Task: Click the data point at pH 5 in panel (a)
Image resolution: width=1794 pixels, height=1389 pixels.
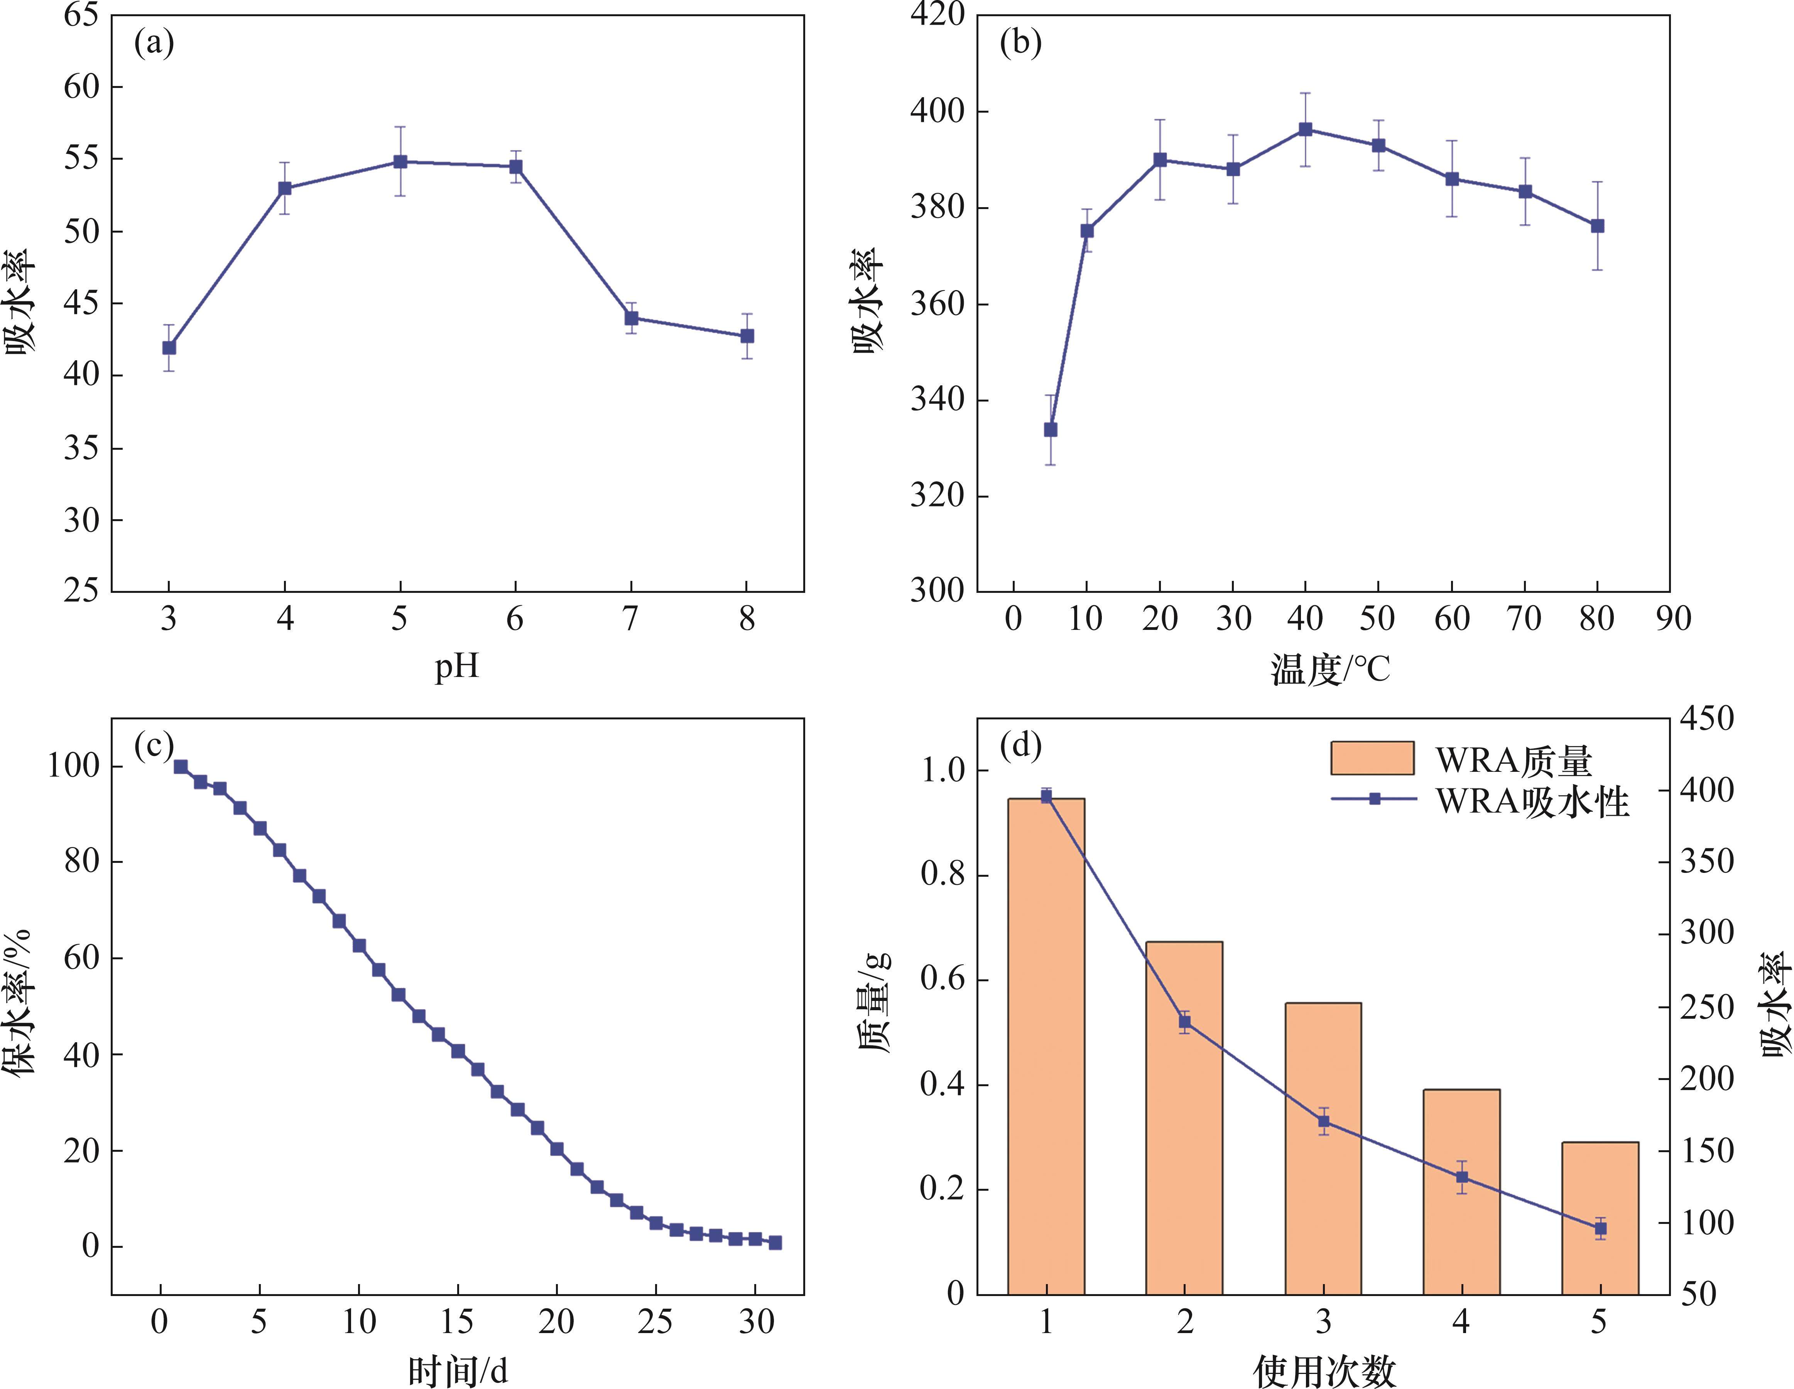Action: (x=400, y=162)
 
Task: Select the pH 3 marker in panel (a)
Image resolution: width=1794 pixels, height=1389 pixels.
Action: (x=169, y=348)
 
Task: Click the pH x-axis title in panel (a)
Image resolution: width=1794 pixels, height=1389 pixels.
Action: (x=457, y=665)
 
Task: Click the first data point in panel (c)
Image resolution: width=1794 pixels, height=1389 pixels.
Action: (x=181, y=766)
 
